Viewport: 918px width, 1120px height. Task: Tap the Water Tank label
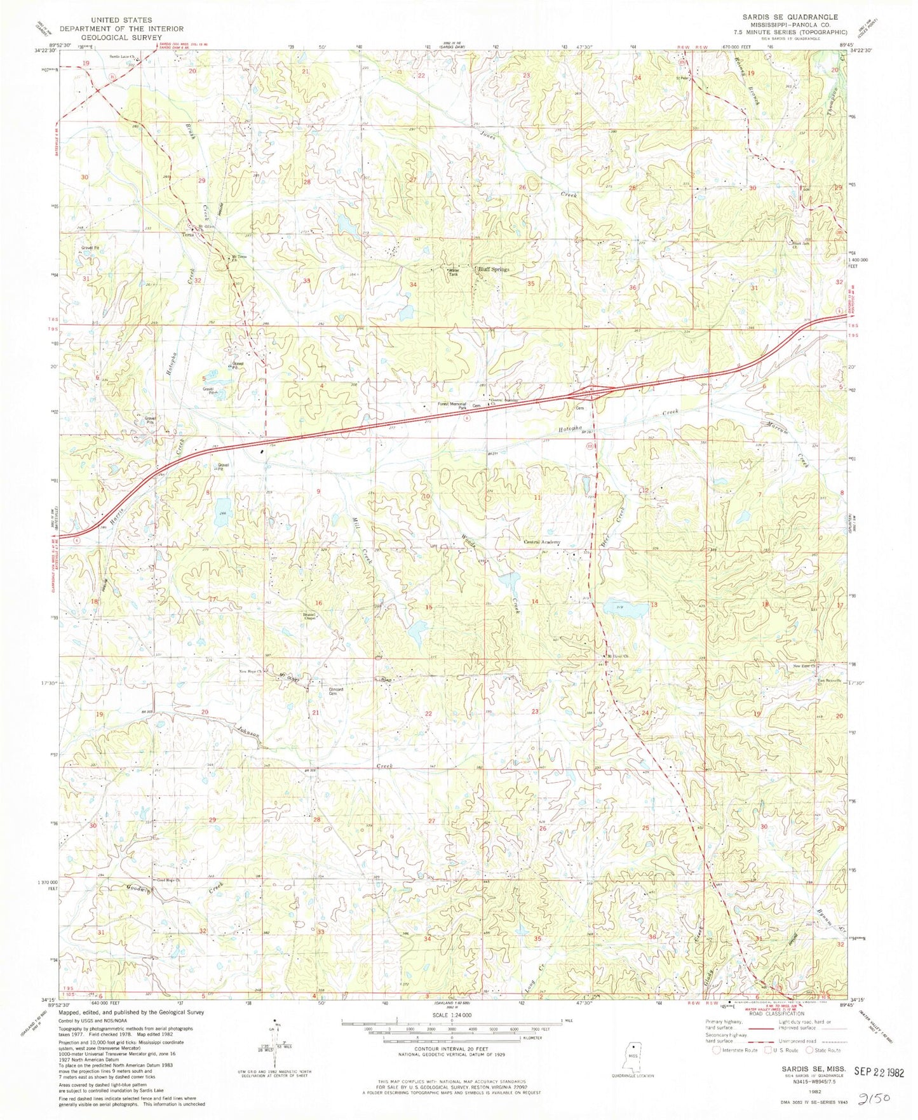(x=452, y=271)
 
